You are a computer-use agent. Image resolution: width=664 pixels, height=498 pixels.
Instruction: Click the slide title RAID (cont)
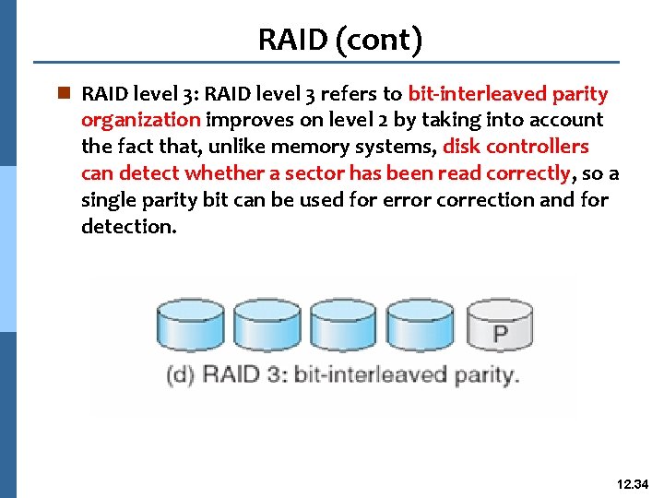[340, 39]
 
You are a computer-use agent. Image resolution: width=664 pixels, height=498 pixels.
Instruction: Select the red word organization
[140, 120]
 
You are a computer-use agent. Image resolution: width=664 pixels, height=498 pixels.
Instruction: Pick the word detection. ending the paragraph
[128, 226]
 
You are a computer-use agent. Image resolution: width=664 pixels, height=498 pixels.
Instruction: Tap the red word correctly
[522, 173]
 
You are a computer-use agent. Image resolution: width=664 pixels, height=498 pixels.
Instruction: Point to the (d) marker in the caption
[181, 375]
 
